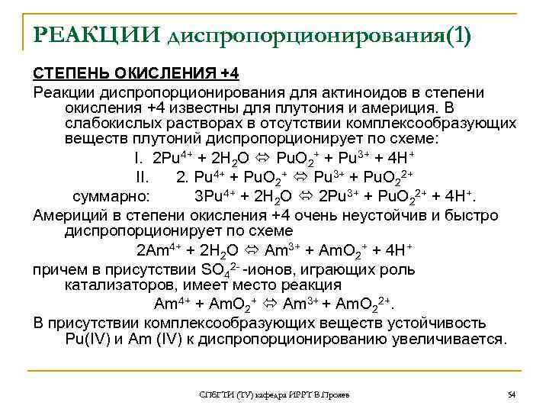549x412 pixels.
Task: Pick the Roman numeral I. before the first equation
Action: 138,159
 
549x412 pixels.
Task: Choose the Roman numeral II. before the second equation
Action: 143,178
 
